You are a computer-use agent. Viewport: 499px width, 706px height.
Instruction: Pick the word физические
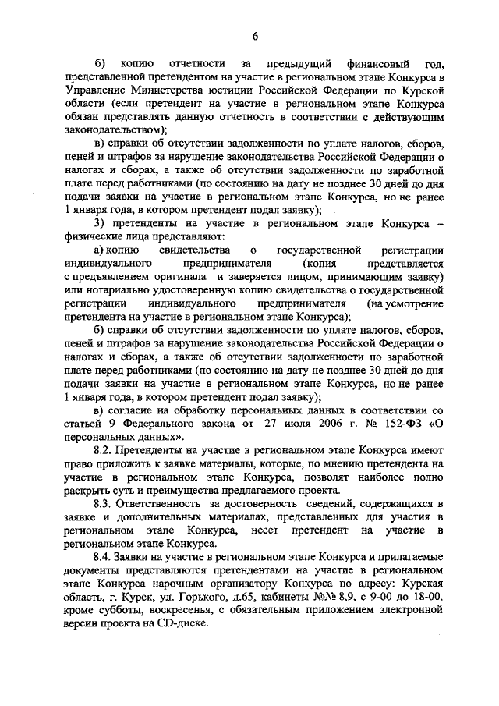[x=92, y=238]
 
